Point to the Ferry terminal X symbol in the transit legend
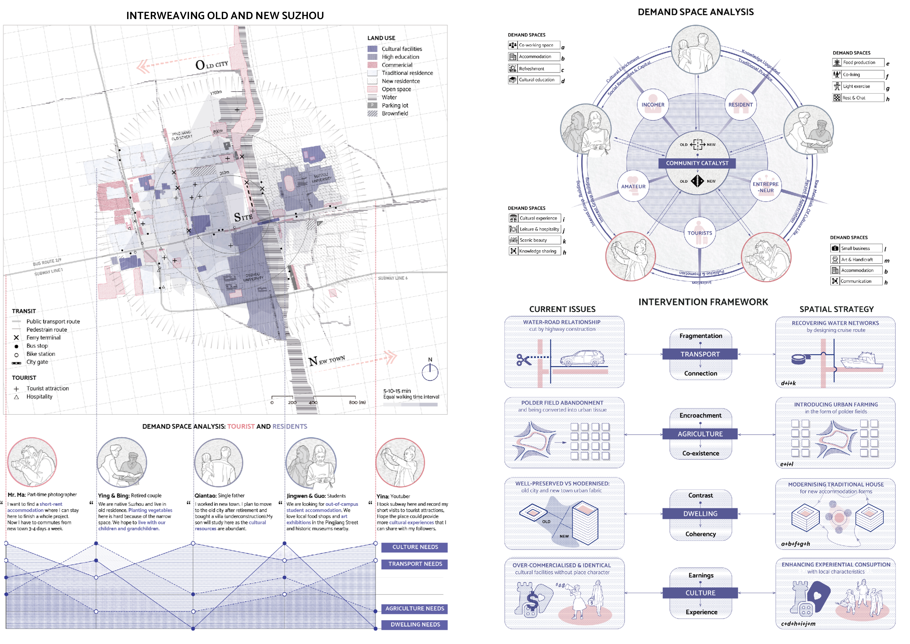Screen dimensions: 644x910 point(16,338)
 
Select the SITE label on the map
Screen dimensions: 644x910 point(243,217)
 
